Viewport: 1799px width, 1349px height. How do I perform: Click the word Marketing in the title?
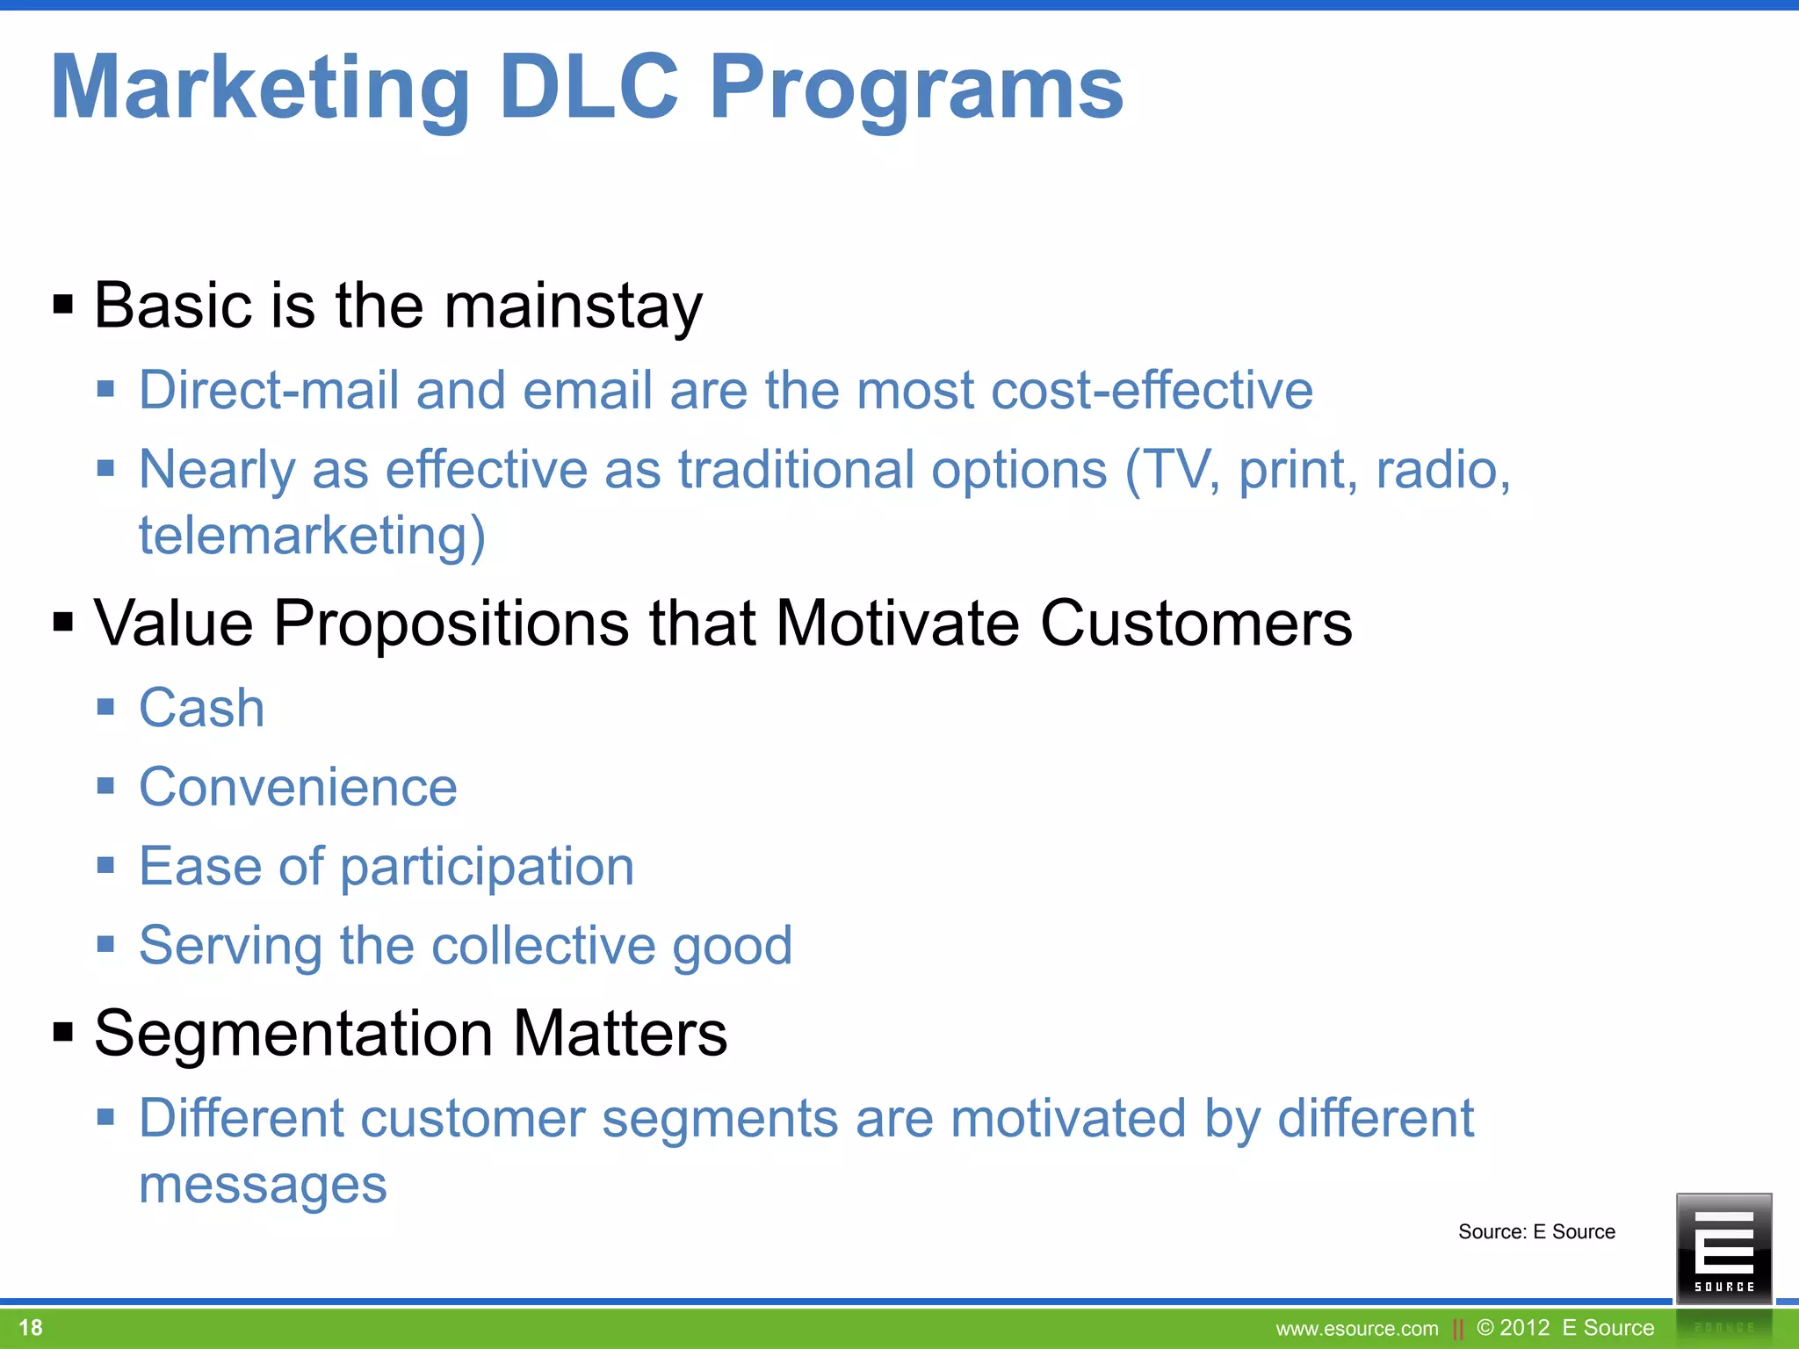(261, 89)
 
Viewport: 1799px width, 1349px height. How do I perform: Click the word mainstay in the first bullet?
(573, 307)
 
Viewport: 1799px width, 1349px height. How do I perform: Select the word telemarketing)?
(312, 536)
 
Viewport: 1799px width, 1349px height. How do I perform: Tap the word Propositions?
(451, 624)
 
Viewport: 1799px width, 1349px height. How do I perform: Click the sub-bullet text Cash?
(201, 708)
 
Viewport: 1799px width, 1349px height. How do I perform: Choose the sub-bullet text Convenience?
(298, 787)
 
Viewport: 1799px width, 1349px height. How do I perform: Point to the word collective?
(543, 946)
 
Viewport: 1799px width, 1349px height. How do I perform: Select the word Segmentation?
(293, 1033)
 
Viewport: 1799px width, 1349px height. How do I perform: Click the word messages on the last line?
(263, 1186)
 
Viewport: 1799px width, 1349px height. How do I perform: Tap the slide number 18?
(31, 1327)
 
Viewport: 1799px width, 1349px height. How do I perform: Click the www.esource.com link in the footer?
(1357, 1329)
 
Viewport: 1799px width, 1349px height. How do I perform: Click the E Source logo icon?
(1723, 1247)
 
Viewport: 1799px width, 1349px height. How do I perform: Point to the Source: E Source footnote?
(1536, 1231)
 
